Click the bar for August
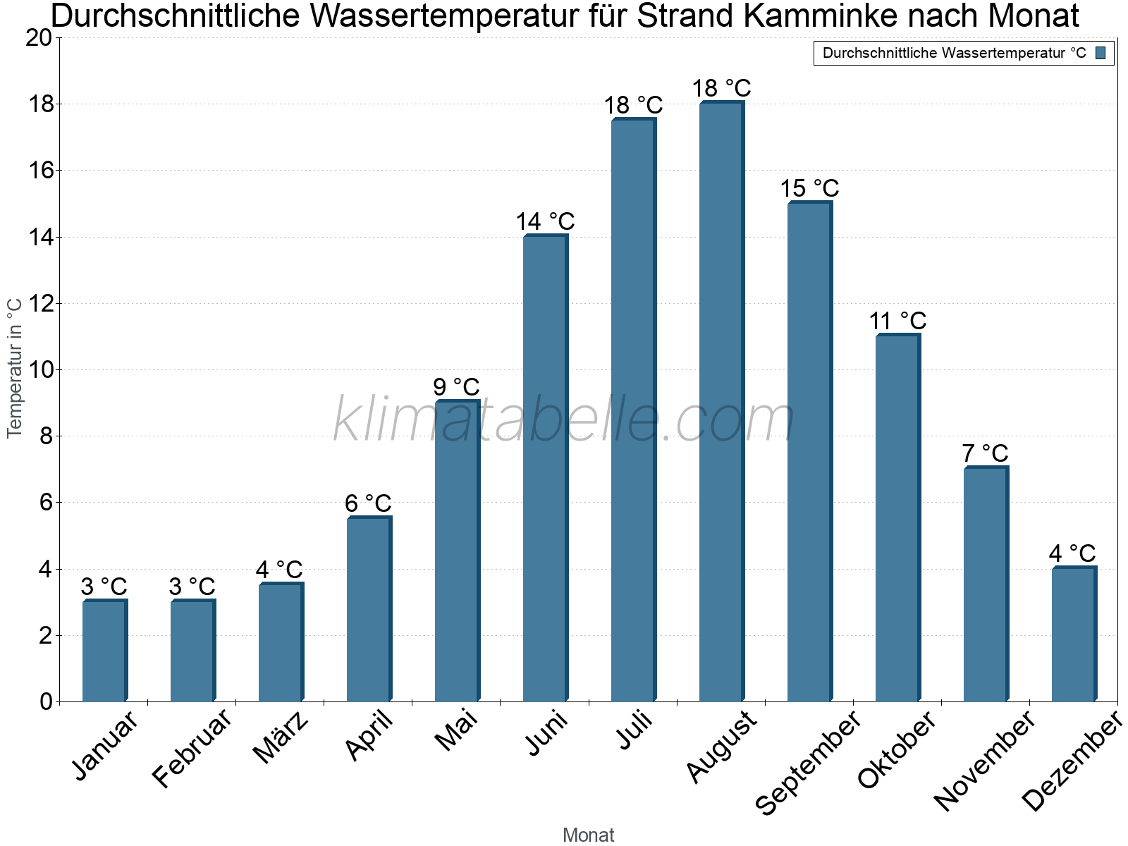tap(721, 402)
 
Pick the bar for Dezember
tap(1074, 634)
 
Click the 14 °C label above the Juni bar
tap(545, 222)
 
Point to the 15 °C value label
tap(809, 189)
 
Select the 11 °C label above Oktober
tap(897, 321)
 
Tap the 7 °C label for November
tap(985, 453)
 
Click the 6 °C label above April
tap(368, 503)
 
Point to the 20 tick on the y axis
tap(39, 38)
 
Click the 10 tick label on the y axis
tap(39, 369)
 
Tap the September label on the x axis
tap(808, 762)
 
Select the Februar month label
tap(192, 748)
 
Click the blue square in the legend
tap(1101, 53)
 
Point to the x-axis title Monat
tap(588, 835)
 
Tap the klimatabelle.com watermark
tap(564, 420)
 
